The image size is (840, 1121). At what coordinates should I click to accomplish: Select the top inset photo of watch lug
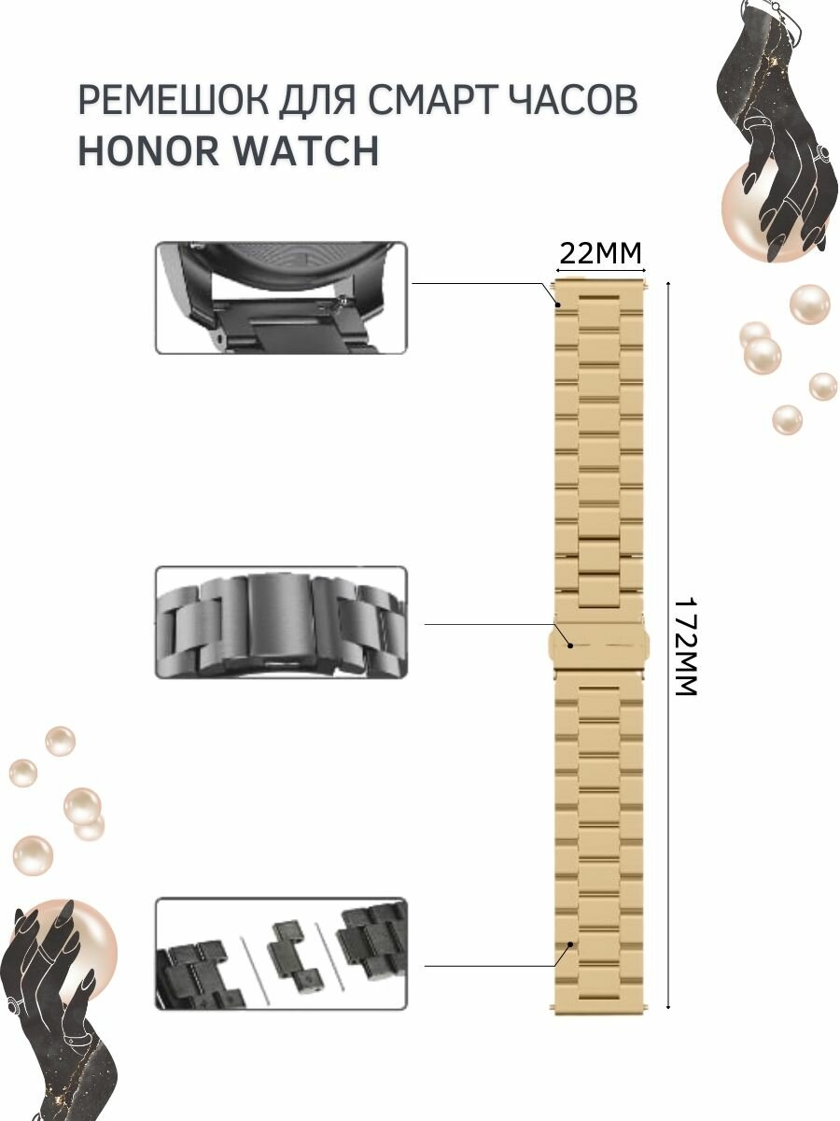click(281, 297)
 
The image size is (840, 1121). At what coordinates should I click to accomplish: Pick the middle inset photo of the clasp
click(281, 621)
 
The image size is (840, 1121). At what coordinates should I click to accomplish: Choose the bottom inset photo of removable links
click(281, 954)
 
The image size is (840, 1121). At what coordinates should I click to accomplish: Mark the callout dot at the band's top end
click(558, 304)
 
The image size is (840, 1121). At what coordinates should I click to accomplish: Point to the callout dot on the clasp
click(570, 643)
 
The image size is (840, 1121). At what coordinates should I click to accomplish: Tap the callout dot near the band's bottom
click(570, 945)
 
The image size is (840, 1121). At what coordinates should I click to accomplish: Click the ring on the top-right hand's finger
click(823, 153)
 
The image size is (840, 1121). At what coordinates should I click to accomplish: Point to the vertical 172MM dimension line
click(668, 794)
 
